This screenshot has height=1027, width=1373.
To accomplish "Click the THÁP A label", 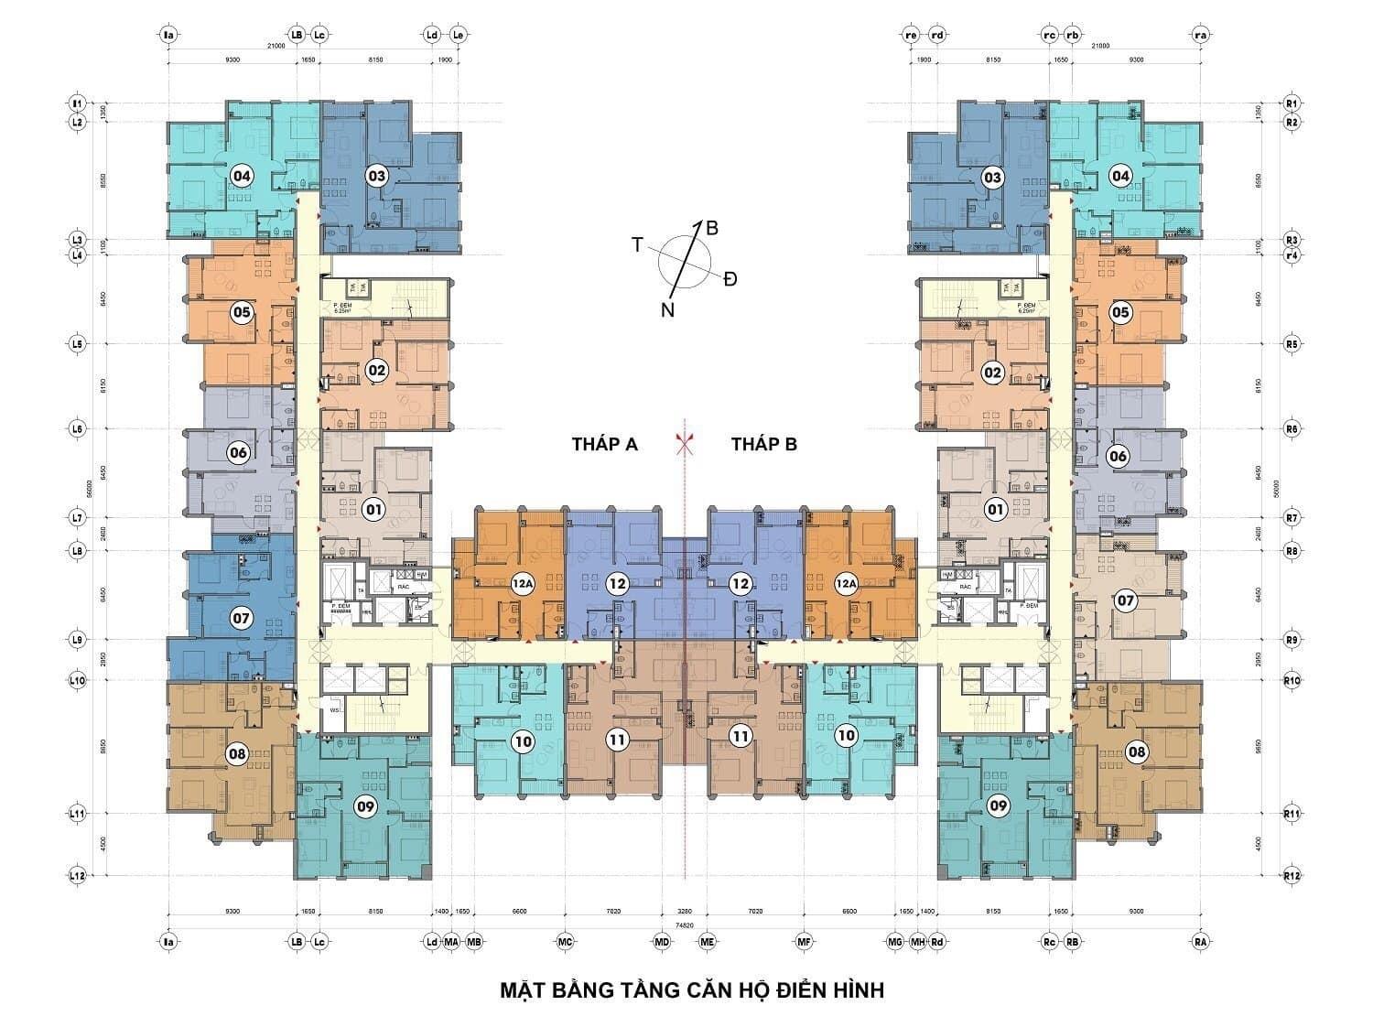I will tap(604, 445).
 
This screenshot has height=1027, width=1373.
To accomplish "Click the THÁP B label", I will tap(763, 445).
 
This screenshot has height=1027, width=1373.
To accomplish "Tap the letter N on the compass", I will tap(668, 310).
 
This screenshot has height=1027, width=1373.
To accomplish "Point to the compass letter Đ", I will tap(730, 279).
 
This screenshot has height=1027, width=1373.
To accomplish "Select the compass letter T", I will tap(637, 244).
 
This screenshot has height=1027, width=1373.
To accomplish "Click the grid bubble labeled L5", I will tap(78, 344).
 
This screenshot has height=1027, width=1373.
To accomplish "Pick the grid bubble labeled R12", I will tap(1292, 876).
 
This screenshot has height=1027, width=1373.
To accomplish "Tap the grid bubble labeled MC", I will tap(565, 941).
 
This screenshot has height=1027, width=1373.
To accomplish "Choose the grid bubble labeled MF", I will tap(805, 941).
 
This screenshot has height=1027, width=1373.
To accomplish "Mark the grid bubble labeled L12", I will tap(78, 876).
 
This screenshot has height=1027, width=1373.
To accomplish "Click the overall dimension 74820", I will tap(684, 924).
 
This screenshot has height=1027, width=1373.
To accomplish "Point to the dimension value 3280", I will tap(684, 912).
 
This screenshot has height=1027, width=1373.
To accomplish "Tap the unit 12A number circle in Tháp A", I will tap(523, 583).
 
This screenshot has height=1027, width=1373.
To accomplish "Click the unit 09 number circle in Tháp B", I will tap(999, 806).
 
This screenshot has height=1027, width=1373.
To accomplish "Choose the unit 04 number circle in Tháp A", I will tap(242, 176).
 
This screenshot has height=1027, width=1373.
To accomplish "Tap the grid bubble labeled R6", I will tap(1292, 429).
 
